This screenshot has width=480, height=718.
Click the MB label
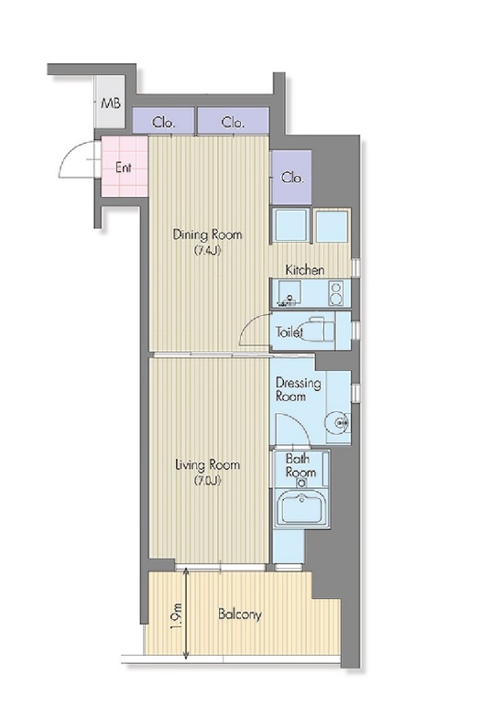(110, 103)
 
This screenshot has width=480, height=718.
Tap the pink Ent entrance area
(125, 167)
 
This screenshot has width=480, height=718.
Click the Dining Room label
(207, 234)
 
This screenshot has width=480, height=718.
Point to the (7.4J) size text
(207, 250)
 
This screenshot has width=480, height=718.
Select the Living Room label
(207, 465)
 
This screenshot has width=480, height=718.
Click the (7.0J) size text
(207, 481)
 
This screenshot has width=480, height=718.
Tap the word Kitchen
(305, 269)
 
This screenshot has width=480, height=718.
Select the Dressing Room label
(299, 389)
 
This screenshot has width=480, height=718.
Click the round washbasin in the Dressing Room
(337, 421)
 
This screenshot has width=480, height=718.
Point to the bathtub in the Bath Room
(301, 507)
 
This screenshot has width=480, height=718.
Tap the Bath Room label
(300, 465)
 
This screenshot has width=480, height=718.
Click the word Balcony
(240, 614)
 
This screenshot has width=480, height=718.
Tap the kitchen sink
(288, 293)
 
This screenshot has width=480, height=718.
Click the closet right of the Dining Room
(291, 178)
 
